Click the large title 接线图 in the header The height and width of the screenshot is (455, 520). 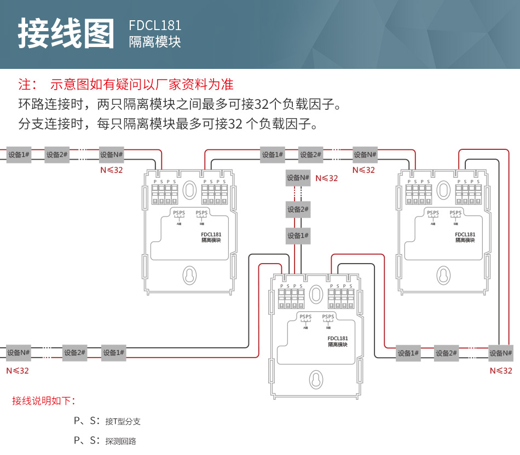coord(66,34)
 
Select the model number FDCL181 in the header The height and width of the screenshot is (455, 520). coord(155,26)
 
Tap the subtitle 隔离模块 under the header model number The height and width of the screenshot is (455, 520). coord(155,42)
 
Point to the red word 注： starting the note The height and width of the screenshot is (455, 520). coord(28,84)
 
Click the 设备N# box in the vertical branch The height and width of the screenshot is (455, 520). coord(298,178)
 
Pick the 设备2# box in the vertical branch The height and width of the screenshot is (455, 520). coord(298,209)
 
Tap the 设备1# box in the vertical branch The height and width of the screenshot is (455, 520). coord(298,236)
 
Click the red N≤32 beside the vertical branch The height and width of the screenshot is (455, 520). coord(327,178)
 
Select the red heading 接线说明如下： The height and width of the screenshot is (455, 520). coord(44,401)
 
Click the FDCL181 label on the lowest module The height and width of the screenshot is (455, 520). coord(338,339)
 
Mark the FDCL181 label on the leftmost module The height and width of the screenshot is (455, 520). coord(211,235)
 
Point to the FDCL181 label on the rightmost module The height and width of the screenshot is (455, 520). coord(465,235)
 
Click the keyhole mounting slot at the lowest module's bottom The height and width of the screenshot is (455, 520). coord(316,380)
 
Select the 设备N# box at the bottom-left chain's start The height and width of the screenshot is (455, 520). coord(18,353)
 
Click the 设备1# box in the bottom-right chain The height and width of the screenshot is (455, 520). coord(408,353)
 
